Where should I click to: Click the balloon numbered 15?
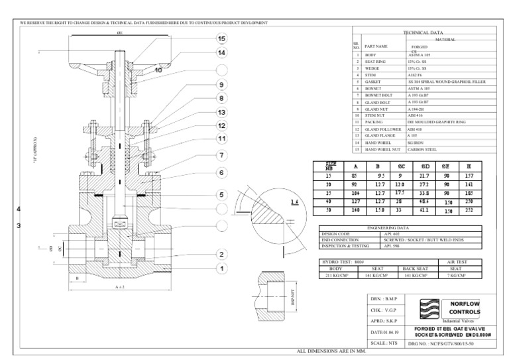[221, 38]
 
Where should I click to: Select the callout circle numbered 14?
[221, 52]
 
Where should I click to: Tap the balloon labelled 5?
[221, 195]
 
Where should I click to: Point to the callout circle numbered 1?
[221, 269]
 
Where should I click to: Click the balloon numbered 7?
[221, 155]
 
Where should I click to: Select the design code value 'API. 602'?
[392, 234]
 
